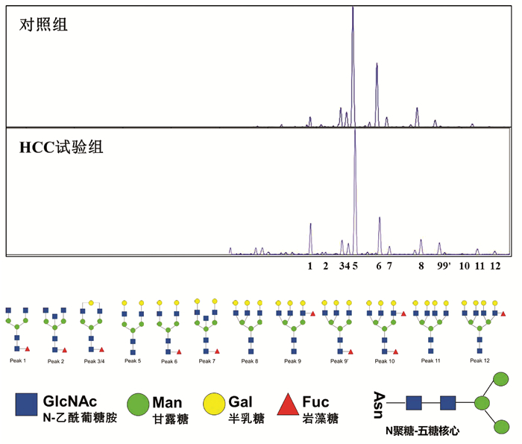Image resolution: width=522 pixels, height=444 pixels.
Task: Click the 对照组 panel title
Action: coord(43,25)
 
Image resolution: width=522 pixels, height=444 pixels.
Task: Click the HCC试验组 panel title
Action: coord(61,146)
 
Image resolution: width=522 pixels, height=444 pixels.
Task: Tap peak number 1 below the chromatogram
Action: coord(310,265)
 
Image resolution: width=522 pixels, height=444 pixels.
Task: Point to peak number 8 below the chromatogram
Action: coord(421,265)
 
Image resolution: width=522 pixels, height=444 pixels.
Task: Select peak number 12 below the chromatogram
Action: coord(494,265)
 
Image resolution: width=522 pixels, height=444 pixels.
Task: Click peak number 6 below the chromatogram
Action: coord(378,265)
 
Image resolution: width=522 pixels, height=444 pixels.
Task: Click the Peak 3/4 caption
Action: coord(94,361)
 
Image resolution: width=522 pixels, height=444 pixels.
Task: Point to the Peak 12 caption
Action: coord(479,360)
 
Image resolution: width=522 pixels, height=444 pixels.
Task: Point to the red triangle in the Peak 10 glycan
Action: coord(403,315)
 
